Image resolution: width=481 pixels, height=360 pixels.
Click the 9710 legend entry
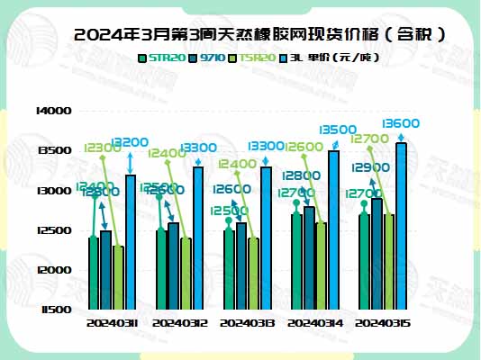208,58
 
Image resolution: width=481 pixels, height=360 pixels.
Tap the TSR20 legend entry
255,58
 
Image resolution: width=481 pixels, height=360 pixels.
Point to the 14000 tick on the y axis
53,111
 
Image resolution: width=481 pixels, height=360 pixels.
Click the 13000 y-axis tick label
53,191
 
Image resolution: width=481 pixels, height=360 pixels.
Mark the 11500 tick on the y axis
53,310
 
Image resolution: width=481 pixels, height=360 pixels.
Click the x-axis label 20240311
112,321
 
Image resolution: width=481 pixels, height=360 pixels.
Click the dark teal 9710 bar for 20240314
309,257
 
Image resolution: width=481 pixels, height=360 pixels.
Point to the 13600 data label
400,123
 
